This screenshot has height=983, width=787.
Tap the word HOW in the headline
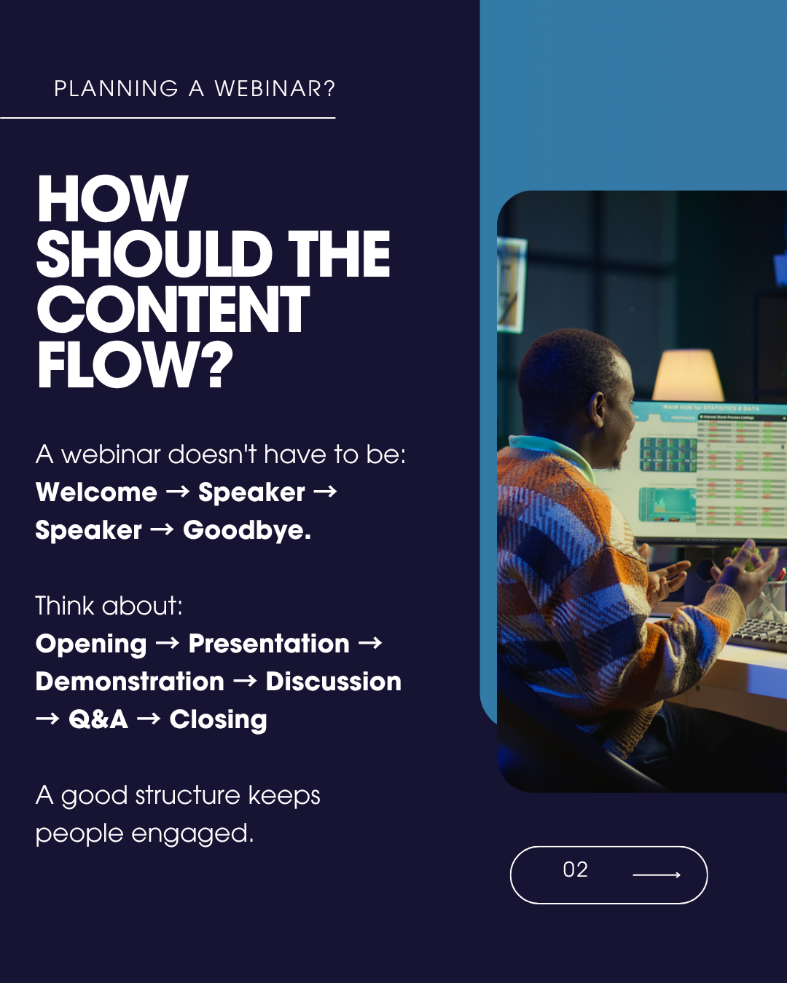(x=112, y=199)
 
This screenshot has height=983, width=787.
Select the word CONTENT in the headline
(x=173, y=309)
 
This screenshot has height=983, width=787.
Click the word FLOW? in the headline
(x=135, y=365)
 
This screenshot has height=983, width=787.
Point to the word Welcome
(x=96, y=492)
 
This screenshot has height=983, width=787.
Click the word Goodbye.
(x=247, y=531)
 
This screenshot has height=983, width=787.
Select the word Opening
(x=92, y=644)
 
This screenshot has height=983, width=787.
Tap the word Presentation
(x=269, y=644)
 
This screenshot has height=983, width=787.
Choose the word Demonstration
(x=130, y=682)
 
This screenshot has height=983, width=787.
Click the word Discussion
(x=333, y=682)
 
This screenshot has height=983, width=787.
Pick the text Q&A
(x=98, y=719)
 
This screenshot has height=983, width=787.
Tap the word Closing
(x=218, y=720)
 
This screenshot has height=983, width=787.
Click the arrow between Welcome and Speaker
(x=177, y=492)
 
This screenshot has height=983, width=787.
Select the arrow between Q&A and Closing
(x=149, y=719)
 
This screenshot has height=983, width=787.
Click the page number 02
(x=575, y=869)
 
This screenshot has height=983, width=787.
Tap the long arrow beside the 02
(x=657, y=875)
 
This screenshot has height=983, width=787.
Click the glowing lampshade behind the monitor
(x=688, y=376)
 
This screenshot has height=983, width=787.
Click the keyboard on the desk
(x=759, y=631)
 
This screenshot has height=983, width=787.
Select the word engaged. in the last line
(x=192, y=834)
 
